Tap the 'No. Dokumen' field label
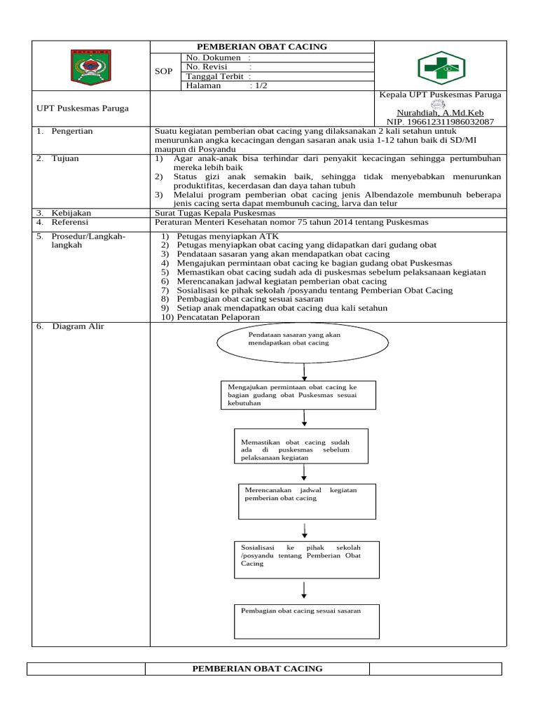(213, 57)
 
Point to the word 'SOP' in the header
(164, 71)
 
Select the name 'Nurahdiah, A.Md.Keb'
(440, 113)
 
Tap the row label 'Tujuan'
(64, 158)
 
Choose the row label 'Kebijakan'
(71, 213)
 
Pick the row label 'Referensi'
(69, 222)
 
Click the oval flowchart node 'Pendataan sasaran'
(303, 340)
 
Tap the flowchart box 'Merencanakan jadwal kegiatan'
(307, 500)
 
